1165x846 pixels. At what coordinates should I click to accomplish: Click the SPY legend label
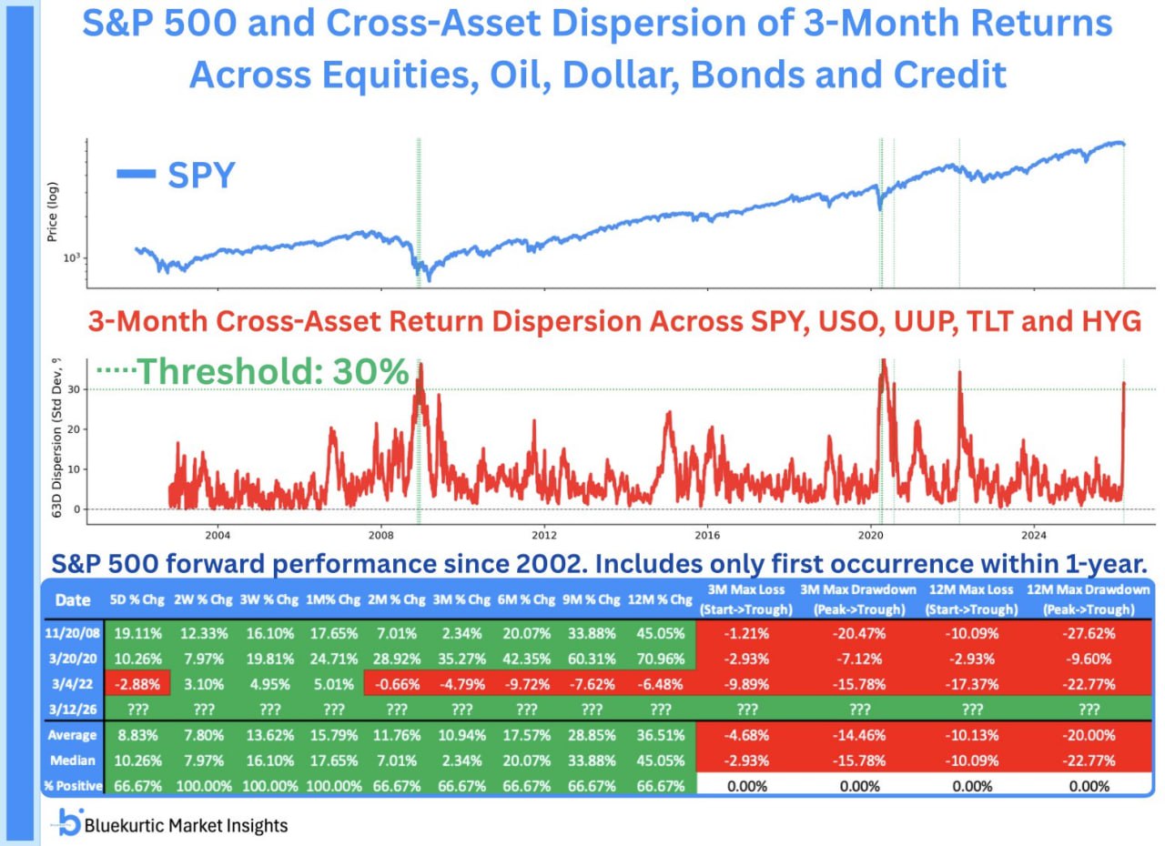[201, 175]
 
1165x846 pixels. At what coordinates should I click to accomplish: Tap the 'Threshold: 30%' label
[272, 371]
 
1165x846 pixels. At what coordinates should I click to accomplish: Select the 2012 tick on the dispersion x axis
[543, 534]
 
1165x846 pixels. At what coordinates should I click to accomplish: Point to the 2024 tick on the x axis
[1033, 534]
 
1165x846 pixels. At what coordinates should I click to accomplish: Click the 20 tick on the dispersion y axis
[73, 429]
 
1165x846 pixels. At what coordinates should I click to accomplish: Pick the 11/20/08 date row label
[73, 632]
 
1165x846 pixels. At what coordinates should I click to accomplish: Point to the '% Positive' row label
[73, 785]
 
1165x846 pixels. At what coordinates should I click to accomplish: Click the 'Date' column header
[73, 599]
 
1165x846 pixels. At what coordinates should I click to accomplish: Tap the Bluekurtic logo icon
[68, 823]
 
